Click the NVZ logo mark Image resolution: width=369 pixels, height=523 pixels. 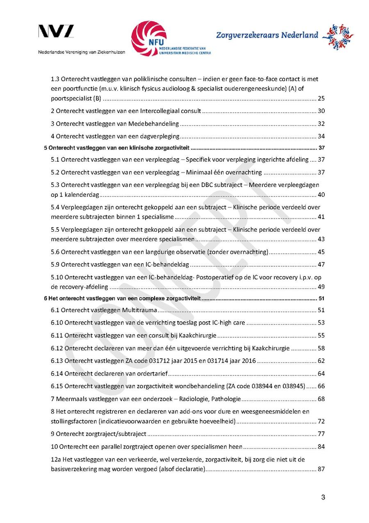click(x=56, y=31)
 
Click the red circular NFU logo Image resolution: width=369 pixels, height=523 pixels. click(x=148, y=39)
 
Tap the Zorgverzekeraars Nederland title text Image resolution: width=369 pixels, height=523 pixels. click(x=267, y=35)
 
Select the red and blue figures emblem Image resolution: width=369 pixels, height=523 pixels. click(x=338, y=37)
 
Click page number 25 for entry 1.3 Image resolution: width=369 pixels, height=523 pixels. click(x=321, y=99)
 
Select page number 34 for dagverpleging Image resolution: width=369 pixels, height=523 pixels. click(x=321, y=136)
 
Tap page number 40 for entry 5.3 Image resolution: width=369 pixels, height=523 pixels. click(x=321, y=194)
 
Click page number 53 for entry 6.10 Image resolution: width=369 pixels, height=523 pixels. click(x=321, y=323)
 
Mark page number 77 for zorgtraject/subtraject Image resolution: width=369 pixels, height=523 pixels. click(x=321, y=434)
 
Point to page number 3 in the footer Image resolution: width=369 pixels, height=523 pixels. click(x=323, y=498)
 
